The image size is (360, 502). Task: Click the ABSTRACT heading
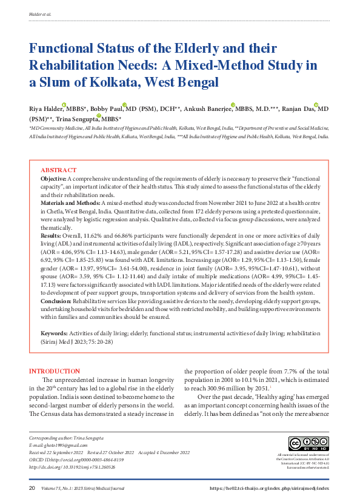click(x=58, y=170)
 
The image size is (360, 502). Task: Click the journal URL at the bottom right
click(x=269, y=488)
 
